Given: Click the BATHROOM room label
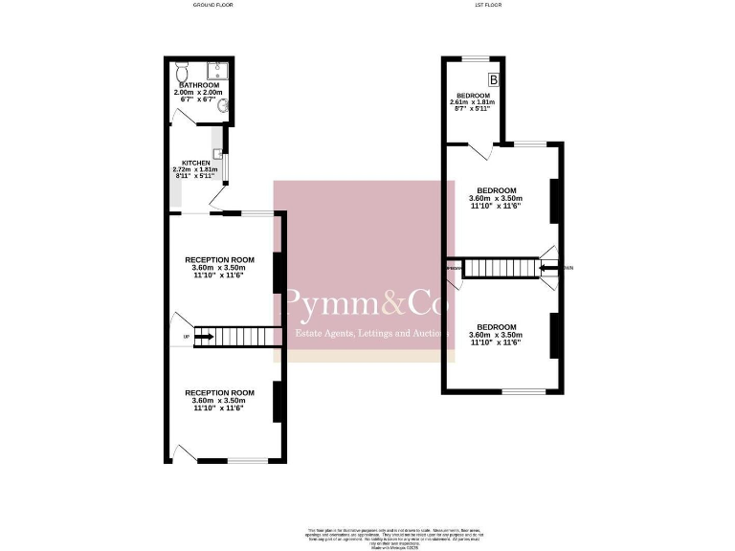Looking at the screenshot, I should click(x=198, y=85).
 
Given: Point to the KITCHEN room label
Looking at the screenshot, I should click(x=195, y=163).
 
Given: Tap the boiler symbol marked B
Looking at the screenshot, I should click(x=495, y=79).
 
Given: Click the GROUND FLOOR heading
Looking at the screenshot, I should click(x=212, y=5).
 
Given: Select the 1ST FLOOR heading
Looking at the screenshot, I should click(x=487, y=5).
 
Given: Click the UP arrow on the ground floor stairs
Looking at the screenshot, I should click(x=203, y=336).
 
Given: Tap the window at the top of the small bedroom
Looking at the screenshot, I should click(x=476, y=59).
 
